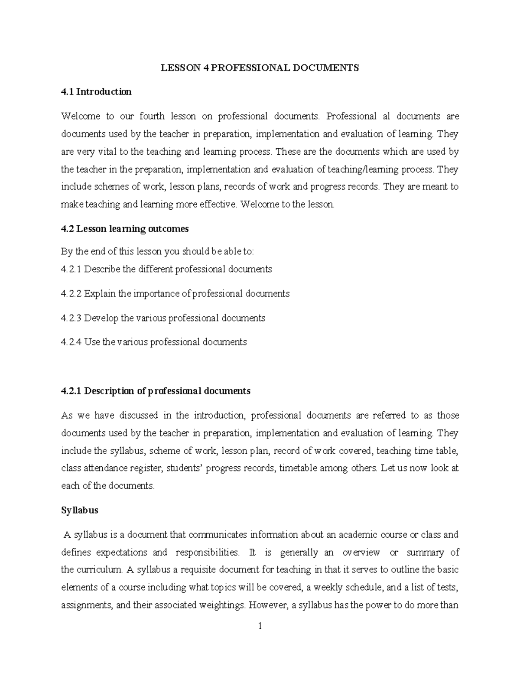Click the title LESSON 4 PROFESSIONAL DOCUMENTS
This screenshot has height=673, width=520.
coord(260,68)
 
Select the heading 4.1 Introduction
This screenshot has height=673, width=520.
coord(96,92)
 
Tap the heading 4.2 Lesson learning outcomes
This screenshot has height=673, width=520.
coord(125,229)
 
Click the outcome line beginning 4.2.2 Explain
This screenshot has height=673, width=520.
coord(175,293)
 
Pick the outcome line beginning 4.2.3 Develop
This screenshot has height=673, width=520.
coord(163,318)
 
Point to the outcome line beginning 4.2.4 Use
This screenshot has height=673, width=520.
coord(154,342)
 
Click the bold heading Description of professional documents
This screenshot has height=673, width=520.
coord(167,391)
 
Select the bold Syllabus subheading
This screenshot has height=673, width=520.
coord(80,510)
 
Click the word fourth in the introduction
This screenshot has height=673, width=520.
coord(152,116)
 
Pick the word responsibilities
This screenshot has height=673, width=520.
coord(207,553)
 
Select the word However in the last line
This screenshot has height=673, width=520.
coord(267,605)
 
